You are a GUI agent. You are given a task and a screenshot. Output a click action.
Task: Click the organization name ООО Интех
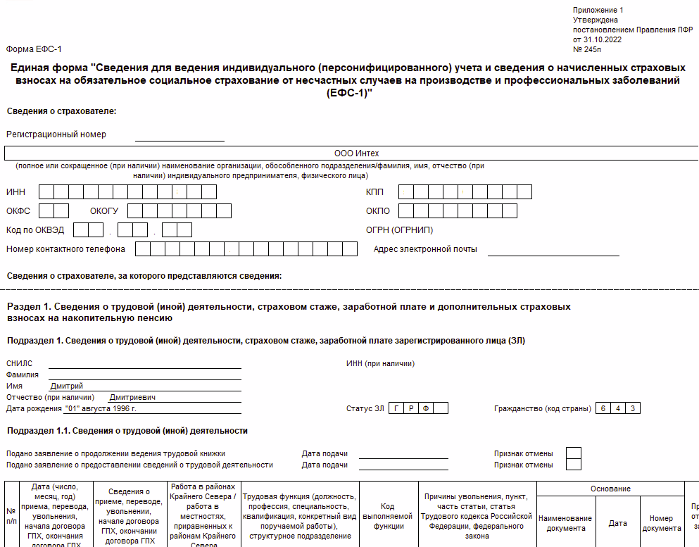(356, 153)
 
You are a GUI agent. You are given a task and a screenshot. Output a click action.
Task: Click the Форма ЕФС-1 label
(34, 49)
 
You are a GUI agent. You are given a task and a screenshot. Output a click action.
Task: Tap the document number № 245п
(587, 49)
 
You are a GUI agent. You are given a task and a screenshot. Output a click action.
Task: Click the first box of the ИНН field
(46, 191)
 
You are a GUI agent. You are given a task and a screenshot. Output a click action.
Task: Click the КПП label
(374, 192)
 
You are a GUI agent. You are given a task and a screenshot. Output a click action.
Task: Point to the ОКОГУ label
(104, 210)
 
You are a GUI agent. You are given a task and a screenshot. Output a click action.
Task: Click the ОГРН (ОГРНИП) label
(399, 230)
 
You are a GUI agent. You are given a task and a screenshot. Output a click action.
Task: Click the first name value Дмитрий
(67, 386)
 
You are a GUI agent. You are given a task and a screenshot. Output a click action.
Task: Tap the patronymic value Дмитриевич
(132, 397)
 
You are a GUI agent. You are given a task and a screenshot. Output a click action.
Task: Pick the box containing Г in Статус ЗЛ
(396, 408)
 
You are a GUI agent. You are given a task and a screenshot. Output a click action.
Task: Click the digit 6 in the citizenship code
(602, 408)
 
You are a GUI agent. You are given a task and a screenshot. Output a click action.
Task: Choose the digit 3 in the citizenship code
(633, 408)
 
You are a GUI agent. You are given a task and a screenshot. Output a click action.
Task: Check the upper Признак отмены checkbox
(574, 453)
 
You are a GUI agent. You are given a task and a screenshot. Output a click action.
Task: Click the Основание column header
(610, 489)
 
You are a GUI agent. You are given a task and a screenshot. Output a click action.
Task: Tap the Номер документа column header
(662, 523)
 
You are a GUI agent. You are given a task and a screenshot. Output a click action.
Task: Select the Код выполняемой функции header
(387, 516)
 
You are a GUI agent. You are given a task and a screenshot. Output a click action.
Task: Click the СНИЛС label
(19, 363)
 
